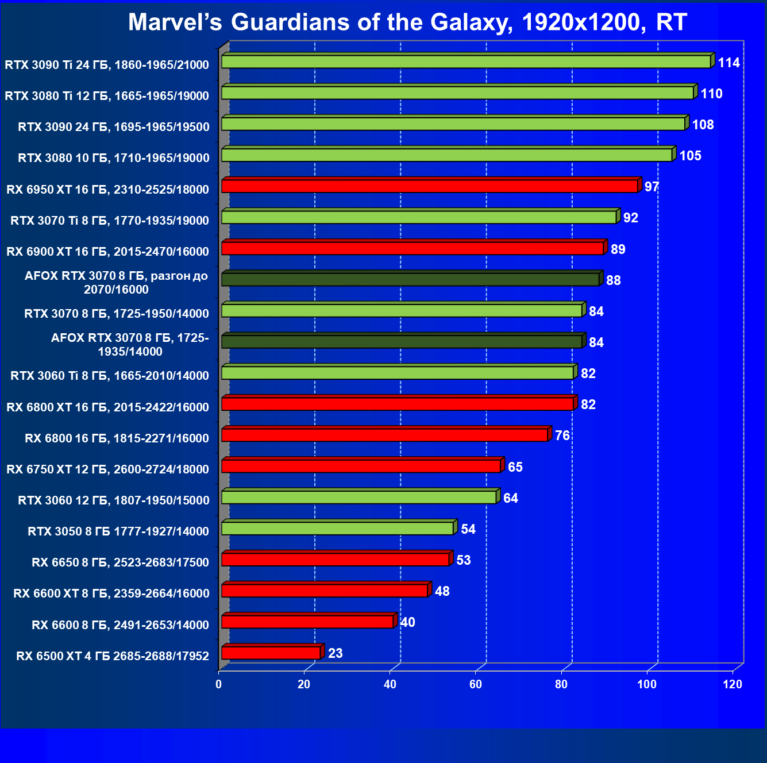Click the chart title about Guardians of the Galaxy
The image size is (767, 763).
coord(407,22)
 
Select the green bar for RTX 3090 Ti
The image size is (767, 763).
coord(466,62)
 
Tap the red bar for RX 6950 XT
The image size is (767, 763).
coord(430,186)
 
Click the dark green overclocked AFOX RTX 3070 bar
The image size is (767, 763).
coord(410,280)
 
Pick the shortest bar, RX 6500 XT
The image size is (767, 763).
coord(271,653)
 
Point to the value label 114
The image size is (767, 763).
coord(729,63)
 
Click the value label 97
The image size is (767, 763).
coord(652,187)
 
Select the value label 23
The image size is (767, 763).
coord(335,653)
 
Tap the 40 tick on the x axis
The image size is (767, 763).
coord(390,684)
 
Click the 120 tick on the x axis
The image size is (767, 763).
coord(733,684)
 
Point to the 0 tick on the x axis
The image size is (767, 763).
coord(218,684)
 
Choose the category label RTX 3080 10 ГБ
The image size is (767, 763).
coord(114,158)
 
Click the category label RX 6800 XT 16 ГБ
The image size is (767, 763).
coord(108,407)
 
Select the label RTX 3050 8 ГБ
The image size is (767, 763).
coord(118,531)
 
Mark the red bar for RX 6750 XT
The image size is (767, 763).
coord(361,466)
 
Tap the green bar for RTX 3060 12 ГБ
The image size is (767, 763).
coord(359,498)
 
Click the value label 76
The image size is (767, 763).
coord(562,436)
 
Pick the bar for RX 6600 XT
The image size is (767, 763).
coord(325,591)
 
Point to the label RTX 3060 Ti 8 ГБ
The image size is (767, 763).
coord(110,376)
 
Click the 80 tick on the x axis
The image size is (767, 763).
coord(561,684)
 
